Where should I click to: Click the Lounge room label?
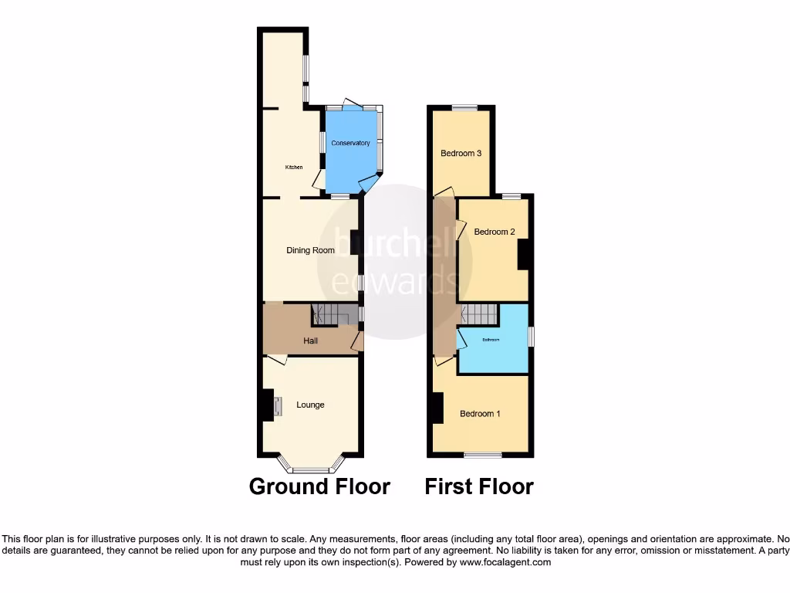pyautogui.click(x=310, y=405)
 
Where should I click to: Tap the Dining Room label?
pyautogui.click(x=310, y=250)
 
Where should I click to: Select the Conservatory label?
pyautogui.click(x=350, y=143)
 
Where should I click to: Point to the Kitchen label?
pyautogui.click(x=293, y=168)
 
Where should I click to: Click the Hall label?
pyautogui.click(x=310, y=341)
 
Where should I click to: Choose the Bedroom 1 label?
pyautogui.click(x=480, y=414)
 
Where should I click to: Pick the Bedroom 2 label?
pyautogui.click(x=494, y=232)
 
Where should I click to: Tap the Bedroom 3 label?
pyautogui.click(x=461, y=153)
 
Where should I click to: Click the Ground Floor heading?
pyautogui.click(x=319, y=486)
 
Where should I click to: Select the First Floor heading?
pyautogui.click(x=478, y=486)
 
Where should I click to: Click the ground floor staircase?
pyautogui.click(x=334, y=314)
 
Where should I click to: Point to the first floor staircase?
pyautogui.click(x=480, y=314)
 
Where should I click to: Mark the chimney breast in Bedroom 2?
pyautogui.click(x=522, y=254)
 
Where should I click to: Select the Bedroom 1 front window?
pyautogui.click(x=481, y=455)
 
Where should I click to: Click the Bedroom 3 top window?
pyautogui.click(x=464, y=107)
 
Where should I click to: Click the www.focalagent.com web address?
pyautogui.click(x=506, y=563)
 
